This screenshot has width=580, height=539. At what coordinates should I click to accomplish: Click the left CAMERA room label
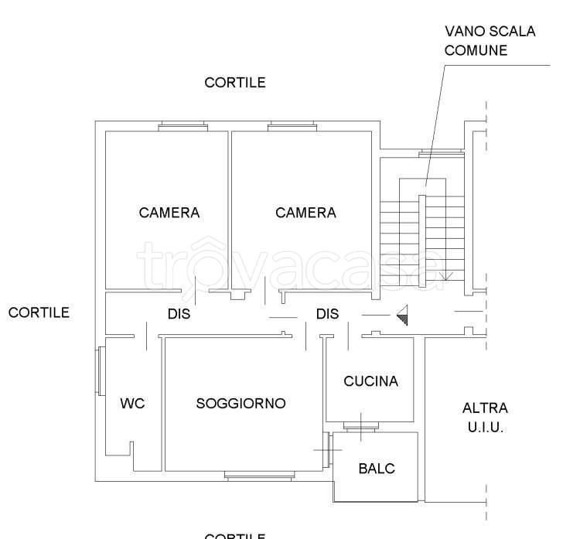tap(169, 213)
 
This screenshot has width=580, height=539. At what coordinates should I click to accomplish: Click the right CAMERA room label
tap(306, 213)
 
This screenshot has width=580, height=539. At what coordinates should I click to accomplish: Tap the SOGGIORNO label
tap(241, 403)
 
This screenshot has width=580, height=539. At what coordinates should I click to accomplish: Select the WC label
tap(132, 403)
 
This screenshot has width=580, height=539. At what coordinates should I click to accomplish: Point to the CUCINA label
tap(370, 380)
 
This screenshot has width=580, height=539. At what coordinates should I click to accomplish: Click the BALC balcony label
tap(377, 469)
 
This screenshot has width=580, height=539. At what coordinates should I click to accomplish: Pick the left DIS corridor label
tap(179, 315)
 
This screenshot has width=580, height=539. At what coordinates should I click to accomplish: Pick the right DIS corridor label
tap(327, 315)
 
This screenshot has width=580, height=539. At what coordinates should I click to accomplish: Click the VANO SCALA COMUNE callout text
tap(490, 41)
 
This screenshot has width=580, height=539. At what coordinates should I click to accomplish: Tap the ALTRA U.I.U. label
tap(485, 418)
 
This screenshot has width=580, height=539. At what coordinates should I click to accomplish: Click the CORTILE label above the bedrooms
tap(235, 83)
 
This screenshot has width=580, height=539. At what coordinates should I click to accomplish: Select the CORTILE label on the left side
tap(39, 312)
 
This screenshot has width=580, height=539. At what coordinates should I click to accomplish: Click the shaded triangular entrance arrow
tap(402, 315)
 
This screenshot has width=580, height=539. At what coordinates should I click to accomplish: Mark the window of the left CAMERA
tap(183, 126)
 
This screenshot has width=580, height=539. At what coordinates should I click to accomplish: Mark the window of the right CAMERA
tap(292, 126)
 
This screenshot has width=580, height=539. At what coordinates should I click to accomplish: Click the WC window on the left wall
tap(100, 371)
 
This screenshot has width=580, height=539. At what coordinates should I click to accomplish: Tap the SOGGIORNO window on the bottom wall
tap(259, 475)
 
